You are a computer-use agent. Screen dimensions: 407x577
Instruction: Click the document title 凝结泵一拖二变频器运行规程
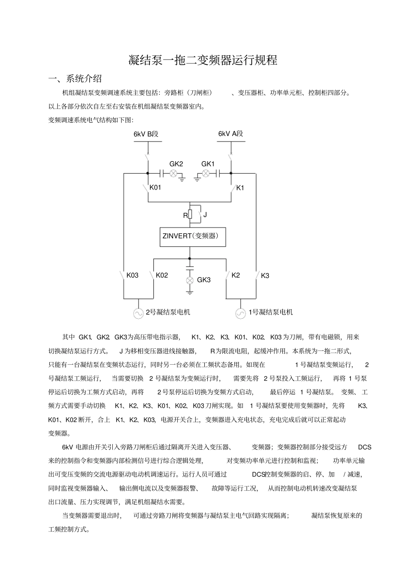coord(203,60)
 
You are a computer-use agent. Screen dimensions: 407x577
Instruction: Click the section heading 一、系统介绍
coord(75,79)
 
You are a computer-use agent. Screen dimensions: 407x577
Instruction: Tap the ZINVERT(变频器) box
coord(193,236)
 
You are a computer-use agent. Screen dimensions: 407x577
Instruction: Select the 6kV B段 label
coord(146,134)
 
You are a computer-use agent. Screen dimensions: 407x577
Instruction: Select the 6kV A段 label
coord(230,133)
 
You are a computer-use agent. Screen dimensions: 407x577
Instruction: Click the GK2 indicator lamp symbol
coord(174,173)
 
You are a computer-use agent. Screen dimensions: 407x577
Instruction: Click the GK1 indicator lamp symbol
coord(206,173)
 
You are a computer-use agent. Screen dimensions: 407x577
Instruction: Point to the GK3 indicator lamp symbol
coord(189,280)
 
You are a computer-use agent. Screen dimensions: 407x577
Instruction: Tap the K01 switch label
coord(155,188)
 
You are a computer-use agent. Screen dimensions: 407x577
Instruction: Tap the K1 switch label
coord(240,188)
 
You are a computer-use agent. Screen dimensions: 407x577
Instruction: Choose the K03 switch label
coord(132,275)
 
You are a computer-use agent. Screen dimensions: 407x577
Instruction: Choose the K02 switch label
coord(162,275)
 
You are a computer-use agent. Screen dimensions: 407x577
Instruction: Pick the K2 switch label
coord(236,275)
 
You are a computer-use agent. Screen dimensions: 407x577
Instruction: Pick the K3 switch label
coord(265,276)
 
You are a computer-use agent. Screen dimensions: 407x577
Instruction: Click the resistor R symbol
coord(190,214)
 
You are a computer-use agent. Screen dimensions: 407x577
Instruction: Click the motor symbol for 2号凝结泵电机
coord(138,313)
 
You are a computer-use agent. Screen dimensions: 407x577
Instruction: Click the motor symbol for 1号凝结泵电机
coord(241,313)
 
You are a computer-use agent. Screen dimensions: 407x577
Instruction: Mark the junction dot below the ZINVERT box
coord(189,259)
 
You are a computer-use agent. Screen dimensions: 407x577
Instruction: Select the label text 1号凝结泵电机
coord(271,312)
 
